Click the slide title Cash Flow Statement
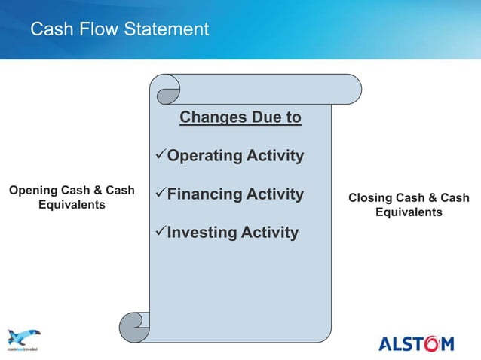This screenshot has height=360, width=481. [119, 29]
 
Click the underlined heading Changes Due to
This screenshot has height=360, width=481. [240, 118]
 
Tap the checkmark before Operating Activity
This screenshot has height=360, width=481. [159, 157]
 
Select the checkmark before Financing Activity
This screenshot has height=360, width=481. [159, 195]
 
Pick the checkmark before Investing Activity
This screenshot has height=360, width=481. [159, 233]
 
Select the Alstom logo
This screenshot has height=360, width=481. [415, 344]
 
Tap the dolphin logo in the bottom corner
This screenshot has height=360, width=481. [23, 338]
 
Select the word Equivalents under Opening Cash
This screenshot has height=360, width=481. [72, 205]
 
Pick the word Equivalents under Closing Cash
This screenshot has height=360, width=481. [409, 212]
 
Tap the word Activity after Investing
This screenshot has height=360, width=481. [269, 233]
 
